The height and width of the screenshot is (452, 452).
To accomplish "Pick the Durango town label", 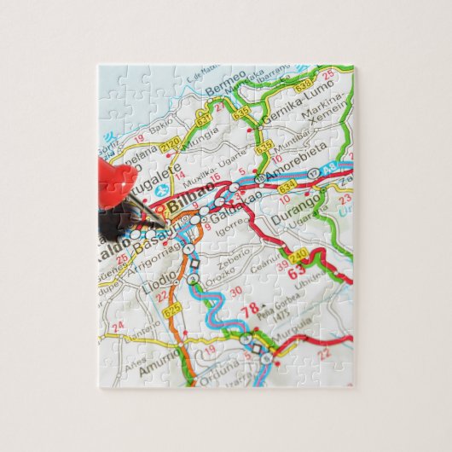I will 296,208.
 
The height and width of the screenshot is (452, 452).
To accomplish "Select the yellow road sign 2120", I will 168,142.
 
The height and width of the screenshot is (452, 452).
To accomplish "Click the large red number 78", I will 251,310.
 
